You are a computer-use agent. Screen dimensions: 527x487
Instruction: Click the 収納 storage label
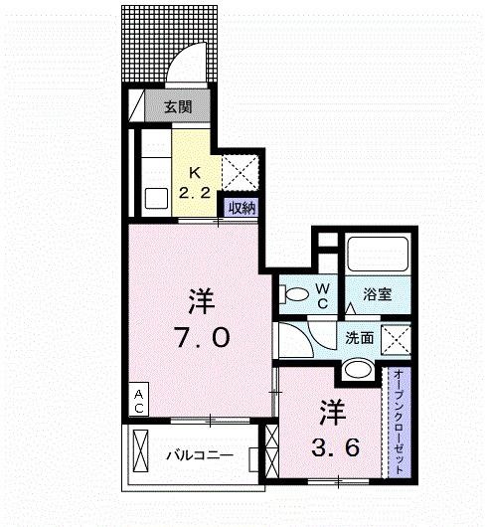pos(243,208)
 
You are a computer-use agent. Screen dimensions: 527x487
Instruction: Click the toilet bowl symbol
pos(294,294)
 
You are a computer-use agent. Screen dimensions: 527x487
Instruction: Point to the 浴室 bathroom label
pos(377,294)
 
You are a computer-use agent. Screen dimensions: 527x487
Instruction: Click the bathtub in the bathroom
pos(377,255)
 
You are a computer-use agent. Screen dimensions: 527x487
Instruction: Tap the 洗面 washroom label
pos(360,338)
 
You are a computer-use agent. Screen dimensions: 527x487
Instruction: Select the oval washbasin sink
pos(358,371)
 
